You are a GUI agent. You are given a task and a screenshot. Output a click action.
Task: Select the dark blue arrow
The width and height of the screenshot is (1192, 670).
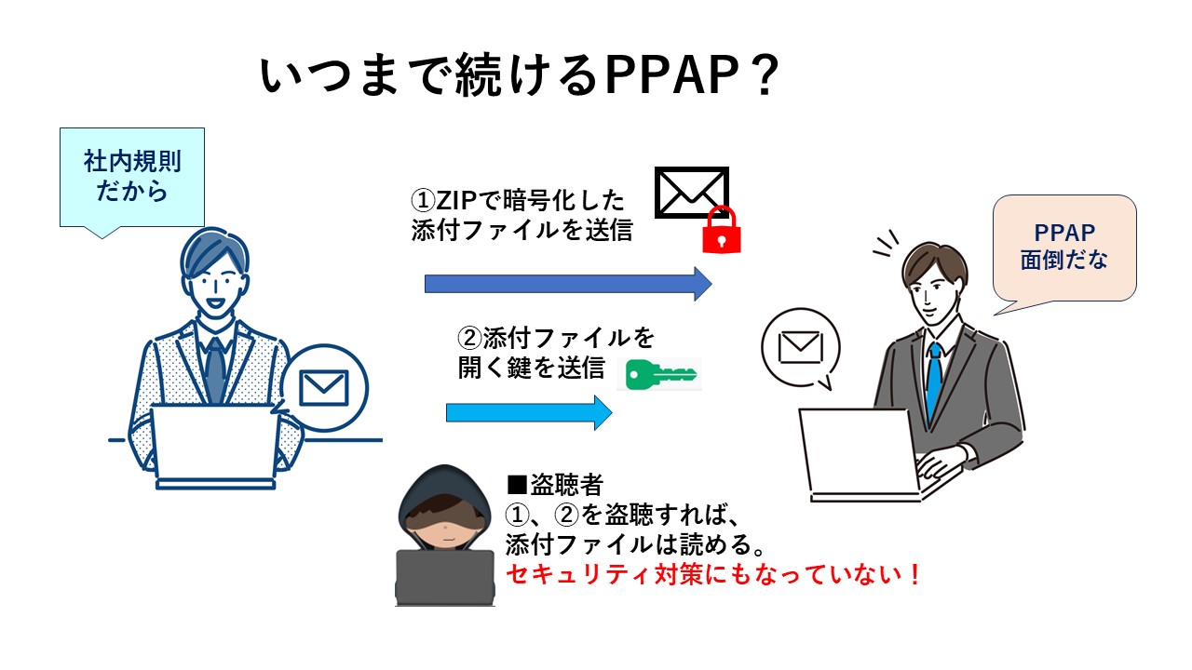567,283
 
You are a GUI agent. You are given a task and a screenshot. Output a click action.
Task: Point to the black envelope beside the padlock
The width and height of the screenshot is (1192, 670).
691,193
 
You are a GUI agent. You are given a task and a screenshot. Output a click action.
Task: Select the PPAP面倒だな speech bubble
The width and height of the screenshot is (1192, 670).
1064,247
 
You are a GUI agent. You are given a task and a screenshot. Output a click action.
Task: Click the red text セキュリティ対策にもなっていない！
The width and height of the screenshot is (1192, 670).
713,574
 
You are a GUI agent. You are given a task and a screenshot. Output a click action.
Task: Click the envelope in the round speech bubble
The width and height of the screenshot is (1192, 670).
799,347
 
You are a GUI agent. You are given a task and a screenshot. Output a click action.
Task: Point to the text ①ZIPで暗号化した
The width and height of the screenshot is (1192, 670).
519,200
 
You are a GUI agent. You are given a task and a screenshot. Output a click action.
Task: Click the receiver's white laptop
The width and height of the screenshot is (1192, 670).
862,457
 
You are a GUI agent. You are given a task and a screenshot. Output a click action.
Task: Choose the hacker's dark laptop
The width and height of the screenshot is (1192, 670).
444,578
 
